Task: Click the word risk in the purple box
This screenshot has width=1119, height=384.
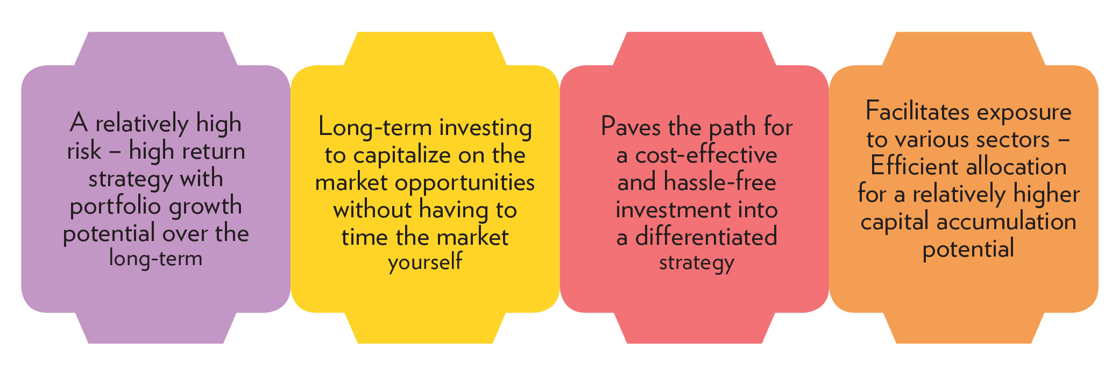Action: (x=84, y=151)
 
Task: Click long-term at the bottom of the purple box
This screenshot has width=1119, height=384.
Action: (x=156, y=258)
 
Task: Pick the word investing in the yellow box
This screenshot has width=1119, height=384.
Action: (x=486, y=129)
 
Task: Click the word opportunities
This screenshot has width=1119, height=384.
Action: (x=465, y=183)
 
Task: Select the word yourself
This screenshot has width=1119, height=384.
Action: (x=425, y=262)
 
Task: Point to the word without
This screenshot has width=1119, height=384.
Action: (x=372, y=210)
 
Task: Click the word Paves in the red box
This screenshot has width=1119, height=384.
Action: (x=631, y=127)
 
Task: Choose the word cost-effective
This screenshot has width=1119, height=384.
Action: (x=706, y=155)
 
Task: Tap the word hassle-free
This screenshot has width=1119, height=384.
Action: (x=720, y=182)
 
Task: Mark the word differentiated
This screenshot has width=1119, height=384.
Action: (x=706, y=237)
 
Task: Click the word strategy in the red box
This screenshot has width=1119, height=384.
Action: (x=697, y=263)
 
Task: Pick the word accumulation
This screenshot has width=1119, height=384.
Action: (x=1006, y=222)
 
